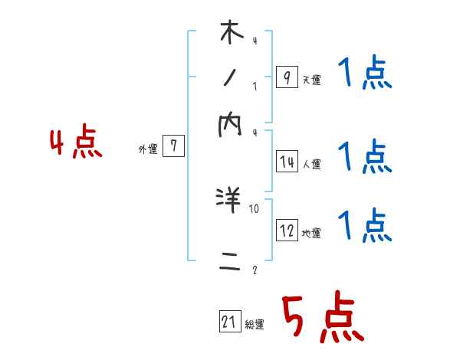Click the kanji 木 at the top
coord(231,33)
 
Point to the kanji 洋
coord(230,201)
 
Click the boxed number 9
coord(286,77)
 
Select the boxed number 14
coord(286,162)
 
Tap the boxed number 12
coord(286,231)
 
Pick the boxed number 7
coord(173,147)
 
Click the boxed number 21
coord(229,322)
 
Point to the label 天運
coord(311,80)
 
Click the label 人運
coord(311,164)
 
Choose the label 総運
coord(255,325)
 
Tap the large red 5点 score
coord(322,319)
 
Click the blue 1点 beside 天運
coord(365,75)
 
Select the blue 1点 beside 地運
coord(365,225)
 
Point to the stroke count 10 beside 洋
coord(255,208)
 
